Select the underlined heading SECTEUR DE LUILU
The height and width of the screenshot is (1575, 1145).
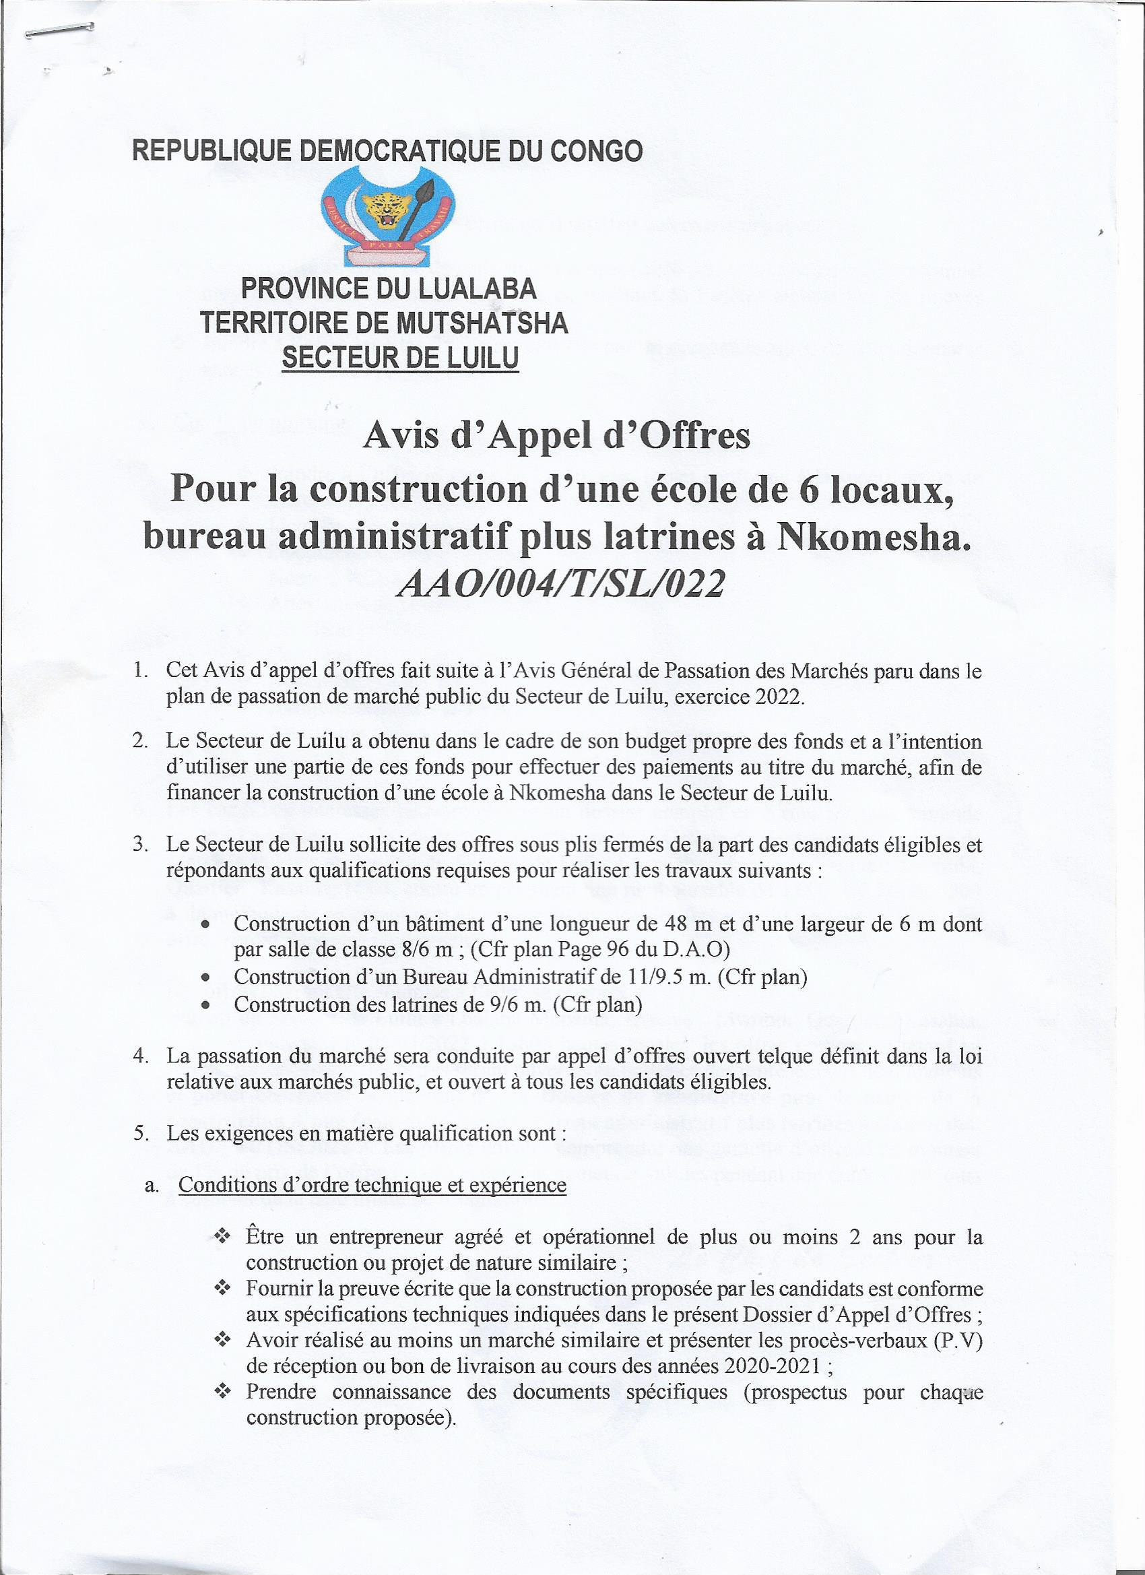(400, 358)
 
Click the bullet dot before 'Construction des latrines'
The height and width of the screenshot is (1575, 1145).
(205, 1005)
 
